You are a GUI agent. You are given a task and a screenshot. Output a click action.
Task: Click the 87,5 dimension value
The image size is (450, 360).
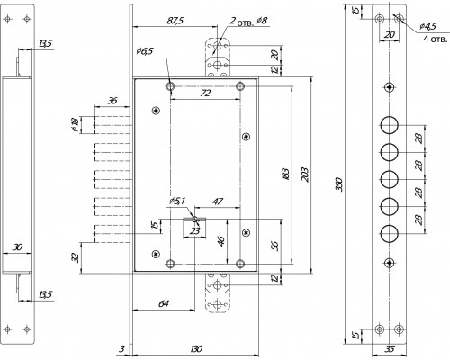(x=175, y=21)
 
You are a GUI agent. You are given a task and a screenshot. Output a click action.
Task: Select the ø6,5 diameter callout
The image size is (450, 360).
(x=145, y=51)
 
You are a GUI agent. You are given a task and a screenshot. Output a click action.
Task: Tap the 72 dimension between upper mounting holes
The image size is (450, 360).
(x=205, y=93)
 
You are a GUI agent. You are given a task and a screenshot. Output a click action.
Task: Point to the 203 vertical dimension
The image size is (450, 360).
(x=304, y=175)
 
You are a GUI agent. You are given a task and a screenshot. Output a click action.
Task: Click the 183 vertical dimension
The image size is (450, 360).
(x=286, y=174)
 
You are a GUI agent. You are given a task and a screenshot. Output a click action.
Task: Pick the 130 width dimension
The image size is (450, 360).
(x=196, y=349)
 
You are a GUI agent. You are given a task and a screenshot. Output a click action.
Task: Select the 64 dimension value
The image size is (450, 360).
(x=163, y=303)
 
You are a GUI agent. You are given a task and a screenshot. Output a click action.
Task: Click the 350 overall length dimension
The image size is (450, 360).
(x=338, y=184)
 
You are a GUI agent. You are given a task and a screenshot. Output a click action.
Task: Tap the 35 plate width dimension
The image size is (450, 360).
(x=390, y=349)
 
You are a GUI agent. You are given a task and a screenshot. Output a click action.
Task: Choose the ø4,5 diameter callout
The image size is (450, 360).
(x=427, y=26)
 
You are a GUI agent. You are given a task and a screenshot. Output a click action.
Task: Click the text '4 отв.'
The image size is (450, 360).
(x=435, y=39)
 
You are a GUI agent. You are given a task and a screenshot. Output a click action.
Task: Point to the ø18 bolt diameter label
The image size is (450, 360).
(x=75, y=125)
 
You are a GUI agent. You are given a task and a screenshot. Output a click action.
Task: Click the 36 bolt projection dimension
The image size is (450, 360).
(x=112, y=100)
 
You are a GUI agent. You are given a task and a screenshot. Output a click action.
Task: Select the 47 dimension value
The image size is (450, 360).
(x=218, y=201)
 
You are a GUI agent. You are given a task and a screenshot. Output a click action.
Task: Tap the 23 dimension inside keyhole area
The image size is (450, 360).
(x=195, y=230)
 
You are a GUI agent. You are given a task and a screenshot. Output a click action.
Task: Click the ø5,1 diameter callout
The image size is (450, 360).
(x=177, y=201)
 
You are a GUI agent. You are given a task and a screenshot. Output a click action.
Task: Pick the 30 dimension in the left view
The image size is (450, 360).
(x=17, y=247)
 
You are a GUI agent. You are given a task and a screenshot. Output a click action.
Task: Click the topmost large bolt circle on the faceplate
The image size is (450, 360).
(x=390, y=125)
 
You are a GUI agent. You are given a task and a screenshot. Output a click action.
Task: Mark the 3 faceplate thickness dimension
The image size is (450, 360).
(x=121, y=349)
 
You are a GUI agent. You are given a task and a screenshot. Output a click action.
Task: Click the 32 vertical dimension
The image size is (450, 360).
(x=76, y=257)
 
